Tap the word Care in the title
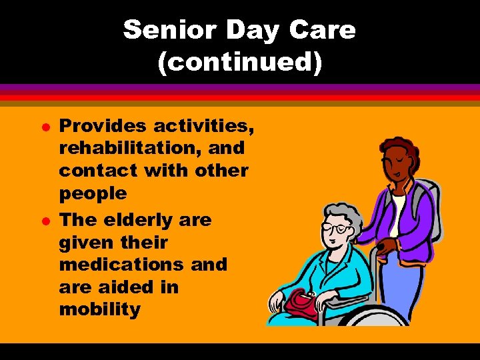point(327,30)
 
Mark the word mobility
point(100,310)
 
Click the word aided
point(125,287)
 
